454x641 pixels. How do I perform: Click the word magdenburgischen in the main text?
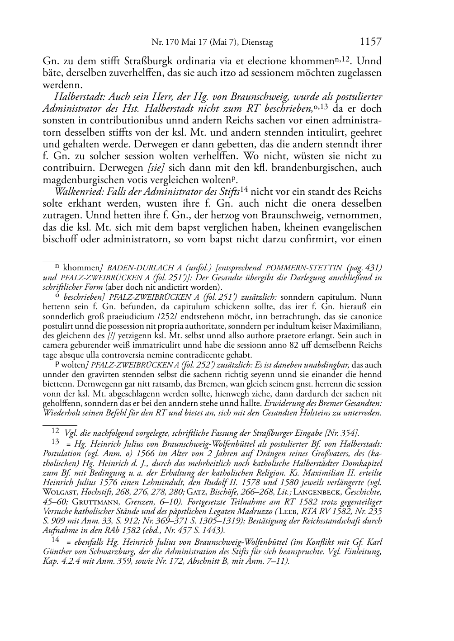pyautogui.click(x=80, y=179)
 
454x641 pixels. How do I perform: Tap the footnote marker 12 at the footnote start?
pyautogui.click(x=56, y=432)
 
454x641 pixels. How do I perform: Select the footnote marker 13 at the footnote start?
pyautogui.click(x=56, y=442)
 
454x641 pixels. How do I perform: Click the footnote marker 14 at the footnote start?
pyautogui.click(x=56, y=540)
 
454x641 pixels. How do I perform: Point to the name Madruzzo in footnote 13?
pyautogui.click(x=250, y=511)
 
